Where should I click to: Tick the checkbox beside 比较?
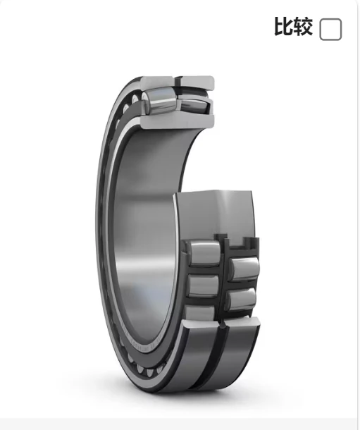click(330, 30)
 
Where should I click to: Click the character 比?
click(283, 27)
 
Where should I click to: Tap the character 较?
click(303, 27)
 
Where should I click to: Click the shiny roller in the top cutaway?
click(159, 101)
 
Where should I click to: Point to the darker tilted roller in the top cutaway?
click(194, 106)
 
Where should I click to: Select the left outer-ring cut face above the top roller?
click(156, 82)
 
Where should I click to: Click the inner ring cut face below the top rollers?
click(178, 121)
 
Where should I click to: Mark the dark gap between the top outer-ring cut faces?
click(177, 82)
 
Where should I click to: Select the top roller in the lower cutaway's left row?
click(204, 253)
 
